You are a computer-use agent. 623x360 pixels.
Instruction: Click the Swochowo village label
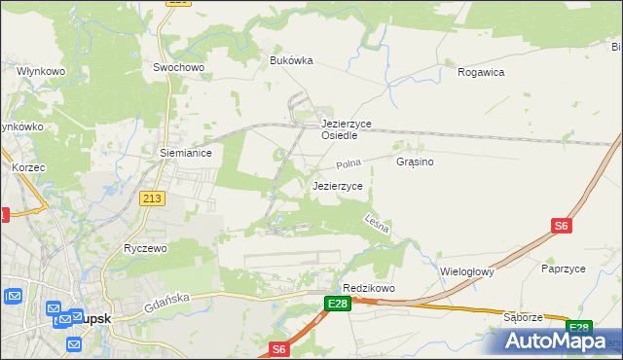pyautogui.click(x=177, y=67)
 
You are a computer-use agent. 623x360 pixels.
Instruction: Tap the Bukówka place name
pyautogui.click(x=291, y=59)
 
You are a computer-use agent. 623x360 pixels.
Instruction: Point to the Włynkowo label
pyautogui.click(x=40, y=71)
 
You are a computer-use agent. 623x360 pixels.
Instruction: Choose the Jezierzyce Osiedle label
pyautogui.click(x=347, y=129)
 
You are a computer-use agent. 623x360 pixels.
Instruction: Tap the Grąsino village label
pyautogui.click(x=415, y=162)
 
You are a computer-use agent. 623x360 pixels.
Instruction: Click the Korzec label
pyautogui.click(x=29, y=167)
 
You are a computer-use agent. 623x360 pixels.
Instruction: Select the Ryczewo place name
pyautogui.click(x=146, y=248)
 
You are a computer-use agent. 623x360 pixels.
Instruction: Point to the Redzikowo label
pyautogui.click(x=369, y=288)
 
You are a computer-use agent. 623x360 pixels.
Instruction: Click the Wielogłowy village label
pyautogui.click(x=467, y=271)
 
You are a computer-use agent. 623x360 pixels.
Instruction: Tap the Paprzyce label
pyautogui.click(x=568, y=268)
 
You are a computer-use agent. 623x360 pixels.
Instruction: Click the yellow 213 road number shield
pyautogui.click(x=152, y=198)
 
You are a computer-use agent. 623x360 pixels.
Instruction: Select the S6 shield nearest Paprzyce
pyautogui.click(x=560, y=226)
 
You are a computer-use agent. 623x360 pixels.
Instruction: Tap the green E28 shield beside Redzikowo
pyautogui.click(x=337, y=305)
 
